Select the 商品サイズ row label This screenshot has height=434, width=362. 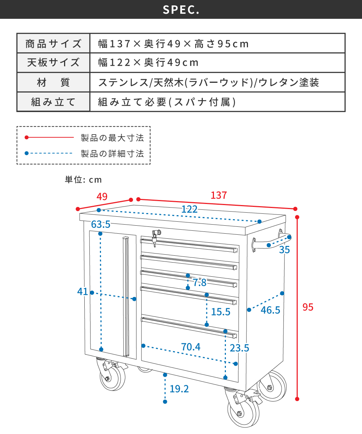point(53,44)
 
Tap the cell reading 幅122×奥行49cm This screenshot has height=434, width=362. point(149,63)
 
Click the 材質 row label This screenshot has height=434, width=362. point(53,82)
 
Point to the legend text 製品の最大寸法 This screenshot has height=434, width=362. point(112,138)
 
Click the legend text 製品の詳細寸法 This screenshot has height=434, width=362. point(112,154)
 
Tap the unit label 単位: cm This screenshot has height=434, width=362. point(83,179)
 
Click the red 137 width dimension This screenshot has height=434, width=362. point(219,195)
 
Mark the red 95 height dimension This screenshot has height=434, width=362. point(308,307)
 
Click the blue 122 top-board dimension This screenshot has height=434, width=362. point(189,209)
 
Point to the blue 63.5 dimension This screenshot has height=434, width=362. point(101,224)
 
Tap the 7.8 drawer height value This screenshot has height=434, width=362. point(199,283)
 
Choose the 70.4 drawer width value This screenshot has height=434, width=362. point(191,347)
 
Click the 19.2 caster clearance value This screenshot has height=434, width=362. point(179,389)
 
